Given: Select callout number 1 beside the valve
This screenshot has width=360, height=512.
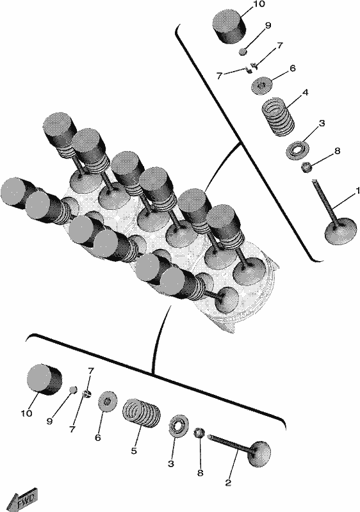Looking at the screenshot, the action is point(357,191).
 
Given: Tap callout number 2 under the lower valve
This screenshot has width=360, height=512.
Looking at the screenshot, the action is point(228,483).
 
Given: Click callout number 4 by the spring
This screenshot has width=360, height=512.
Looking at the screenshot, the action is point(305,92).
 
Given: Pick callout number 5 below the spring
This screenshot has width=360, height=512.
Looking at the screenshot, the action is point(134,451).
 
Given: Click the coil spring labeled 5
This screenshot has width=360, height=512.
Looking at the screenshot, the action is point(142,413).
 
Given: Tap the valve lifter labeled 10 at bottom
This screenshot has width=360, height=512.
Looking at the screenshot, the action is point(44,380).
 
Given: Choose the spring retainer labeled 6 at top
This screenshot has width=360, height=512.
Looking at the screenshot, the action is point(263,86).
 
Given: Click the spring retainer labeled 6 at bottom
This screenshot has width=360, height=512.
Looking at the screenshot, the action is point(108,401).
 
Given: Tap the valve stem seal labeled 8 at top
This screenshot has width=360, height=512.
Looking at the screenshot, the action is point(307,167).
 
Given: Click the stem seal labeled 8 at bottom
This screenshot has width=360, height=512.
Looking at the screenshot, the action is point(199,433).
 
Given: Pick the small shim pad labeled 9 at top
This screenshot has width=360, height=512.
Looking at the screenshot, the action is point(242,51).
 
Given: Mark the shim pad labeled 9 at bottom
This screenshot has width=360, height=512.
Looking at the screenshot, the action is point(73,390).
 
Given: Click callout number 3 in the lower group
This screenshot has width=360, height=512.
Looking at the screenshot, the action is point(171,464).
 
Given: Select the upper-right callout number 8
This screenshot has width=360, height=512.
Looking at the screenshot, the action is point(337,151).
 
